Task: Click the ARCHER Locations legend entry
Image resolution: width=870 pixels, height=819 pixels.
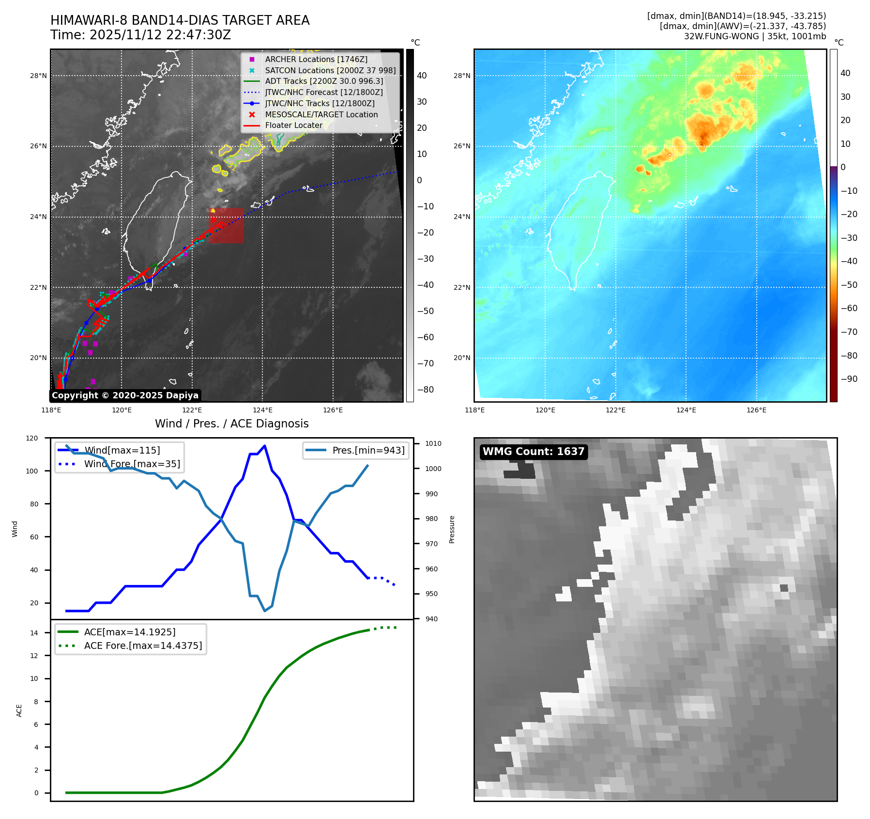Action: click(316, 59)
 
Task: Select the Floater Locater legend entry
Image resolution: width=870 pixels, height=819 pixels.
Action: click(293, 125)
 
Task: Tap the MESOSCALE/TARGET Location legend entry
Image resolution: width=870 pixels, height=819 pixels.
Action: click(321, 114)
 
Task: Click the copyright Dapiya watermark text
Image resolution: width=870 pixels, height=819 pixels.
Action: click(125, 395)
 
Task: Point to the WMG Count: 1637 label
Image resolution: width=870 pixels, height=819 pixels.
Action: click(534, 452)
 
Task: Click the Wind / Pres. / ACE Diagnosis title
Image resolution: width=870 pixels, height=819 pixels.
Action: click(231, 424)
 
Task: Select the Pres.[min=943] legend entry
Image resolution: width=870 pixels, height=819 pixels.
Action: click(368, 450)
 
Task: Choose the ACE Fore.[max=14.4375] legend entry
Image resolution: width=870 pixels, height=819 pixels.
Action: click(143, 646)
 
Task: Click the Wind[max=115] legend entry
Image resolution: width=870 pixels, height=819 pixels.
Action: click(122, 450)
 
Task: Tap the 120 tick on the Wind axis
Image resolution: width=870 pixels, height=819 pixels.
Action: click(32, 438)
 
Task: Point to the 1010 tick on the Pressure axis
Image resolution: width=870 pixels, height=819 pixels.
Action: click(433, 443)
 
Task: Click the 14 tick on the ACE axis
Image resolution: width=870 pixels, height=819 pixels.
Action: click(34, 633)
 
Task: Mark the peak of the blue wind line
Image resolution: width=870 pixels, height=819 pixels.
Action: click(264, 446)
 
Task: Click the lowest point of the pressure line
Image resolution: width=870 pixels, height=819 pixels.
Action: click(265, 611)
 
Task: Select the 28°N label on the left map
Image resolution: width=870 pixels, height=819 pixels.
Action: click(39, 76)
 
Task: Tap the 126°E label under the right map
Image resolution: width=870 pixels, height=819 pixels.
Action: click(756, 410)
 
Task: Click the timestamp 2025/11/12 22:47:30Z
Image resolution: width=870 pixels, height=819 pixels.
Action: click(160, 35)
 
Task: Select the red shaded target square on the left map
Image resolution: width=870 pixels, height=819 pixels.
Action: click(227, 226)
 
